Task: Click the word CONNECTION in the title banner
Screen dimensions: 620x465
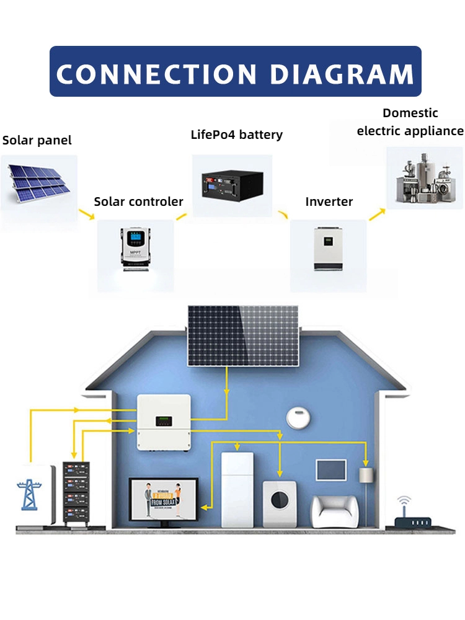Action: pos(155,74)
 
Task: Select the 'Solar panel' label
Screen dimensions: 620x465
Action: pos(37,140)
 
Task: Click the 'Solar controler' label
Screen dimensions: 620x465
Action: pos(138,201)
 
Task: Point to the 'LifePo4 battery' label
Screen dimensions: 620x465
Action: pos(236,135)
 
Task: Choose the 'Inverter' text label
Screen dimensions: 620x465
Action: pos(329,201)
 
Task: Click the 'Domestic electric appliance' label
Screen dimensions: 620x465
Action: pos(410,122)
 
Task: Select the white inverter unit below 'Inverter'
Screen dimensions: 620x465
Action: pos(328,247)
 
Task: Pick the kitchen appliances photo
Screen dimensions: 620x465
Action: pos(425,177)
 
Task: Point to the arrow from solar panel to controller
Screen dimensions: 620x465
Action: pos(86,215)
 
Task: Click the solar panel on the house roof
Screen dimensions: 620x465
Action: pos(243,335)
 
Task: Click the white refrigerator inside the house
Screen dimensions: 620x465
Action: pos(237,490)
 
